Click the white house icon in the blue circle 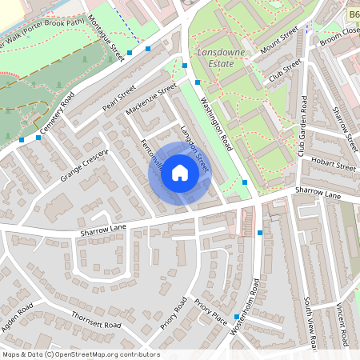click(180, 173)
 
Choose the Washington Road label click(214, 124)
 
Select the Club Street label click(286, 70)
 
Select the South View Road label click(310, 323)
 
